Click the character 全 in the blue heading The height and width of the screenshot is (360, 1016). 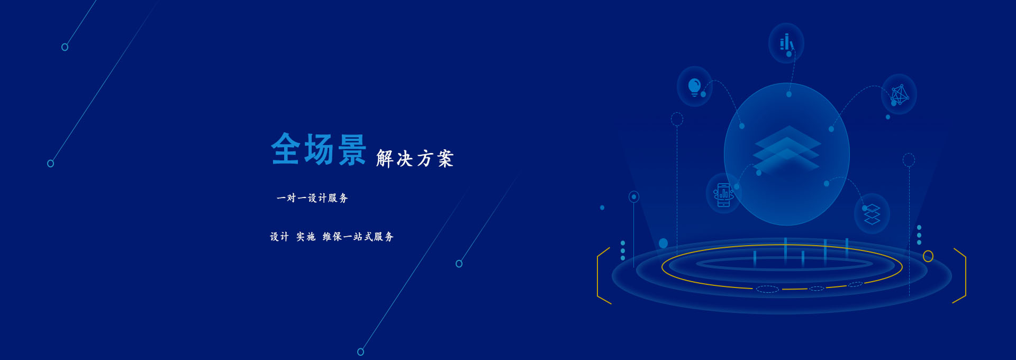(286, 149)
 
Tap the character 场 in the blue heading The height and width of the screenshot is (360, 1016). (319, 149)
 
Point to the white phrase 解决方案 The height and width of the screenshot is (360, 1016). (415, 158)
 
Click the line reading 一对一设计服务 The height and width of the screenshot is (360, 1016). (312, 198)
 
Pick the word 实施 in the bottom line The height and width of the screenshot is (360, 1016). (306, 237)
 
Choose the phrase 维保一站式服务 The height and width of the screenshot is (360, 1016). (358, 237)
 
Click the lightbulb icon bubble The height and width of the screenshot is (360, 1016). (694, 86)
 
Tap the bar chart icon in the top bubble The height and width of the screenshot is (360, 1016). (786, 42)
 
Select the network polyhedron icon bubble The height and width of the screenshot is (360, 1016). (899, 94)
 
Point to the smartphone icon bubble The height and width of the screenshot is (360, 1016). (723, 194)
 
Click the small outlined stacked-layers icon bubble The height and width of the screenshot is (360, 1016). (872, 214)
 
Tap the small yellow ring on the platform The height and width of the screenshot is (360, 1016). (928, 256)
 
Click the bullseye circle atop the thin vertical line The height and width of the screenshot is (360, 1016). (634, 197)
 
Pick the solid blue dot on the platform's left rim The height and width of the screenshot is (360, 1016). (663, 244)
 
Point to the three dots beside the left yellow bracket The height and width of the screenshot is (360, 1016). (623, 250)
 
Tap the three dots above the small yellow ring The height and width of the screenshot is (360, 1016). (919, 235)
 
